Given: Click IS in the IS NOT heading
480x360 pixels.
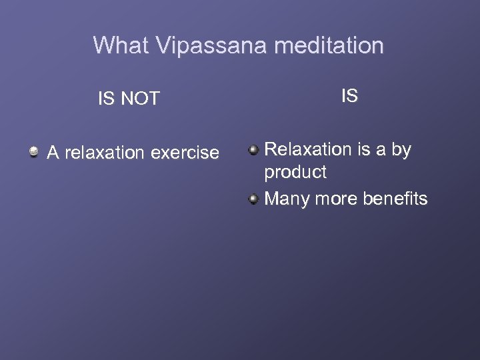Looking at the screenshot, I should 105,99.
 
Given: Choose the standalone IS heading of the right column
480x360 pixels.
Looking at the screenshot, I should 349,96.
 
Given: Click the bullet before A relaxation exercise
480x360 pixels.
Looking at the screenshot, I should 33,153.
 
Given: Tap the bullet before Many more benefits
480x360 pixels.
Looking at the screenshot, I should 253,199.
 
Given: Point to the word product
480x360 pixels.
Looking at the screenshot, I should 295,172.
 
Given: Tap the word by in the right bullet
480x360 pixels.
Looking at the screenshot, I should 401,149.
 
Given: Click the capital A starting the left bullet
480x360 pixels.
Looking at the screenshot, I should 53,153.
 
